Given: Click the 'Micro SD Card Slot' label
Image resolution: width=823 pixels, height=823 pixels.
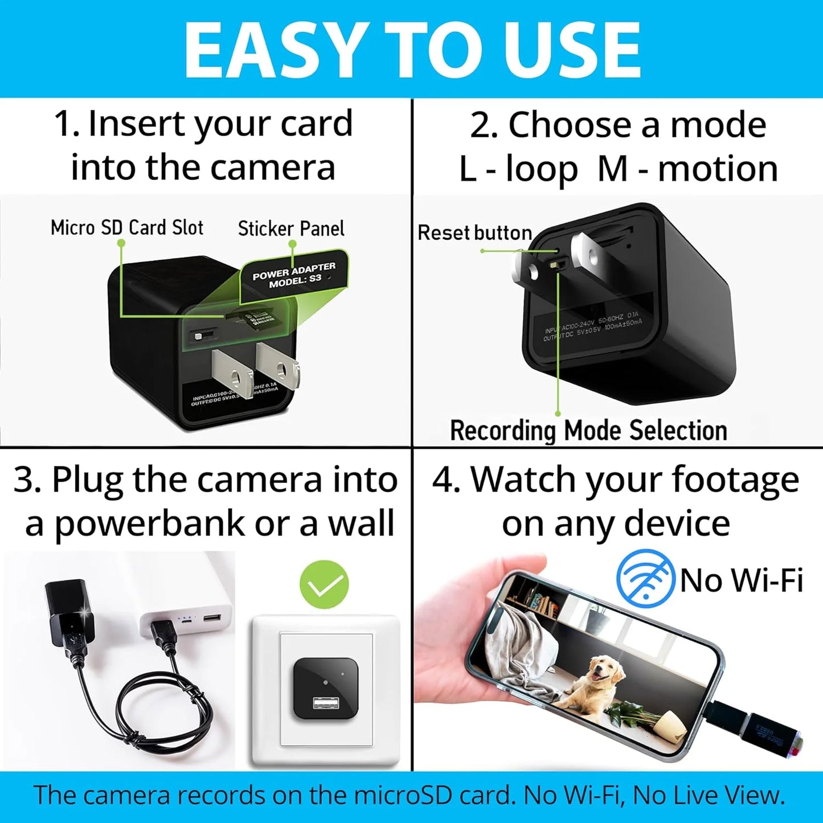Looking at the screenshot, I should [126, 228].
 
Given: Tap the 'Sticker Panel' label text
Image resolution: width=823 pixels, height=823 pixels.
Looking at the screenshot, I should [290, 229].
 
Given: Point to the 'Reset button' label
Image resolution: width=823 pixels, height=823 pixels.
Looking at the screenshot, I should [474, 233].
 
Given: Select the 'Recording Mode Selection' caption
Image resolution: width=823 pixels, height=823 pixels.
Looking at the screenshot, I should [588, 431].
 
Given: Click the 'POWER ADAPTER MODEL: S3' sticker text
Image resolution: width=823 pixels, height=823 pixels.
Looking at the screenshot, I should [294, 276].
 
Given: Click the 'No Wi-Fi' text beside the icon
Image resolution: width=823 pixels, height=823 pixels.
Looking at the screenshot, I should [742, 580].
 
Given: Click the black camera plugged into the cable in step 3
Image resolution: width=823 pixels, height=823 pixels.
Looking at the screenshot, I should [66, 618].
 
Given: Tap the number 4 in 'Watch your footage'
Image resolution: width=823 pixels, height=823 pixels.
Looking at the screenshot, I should [442, 480].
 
